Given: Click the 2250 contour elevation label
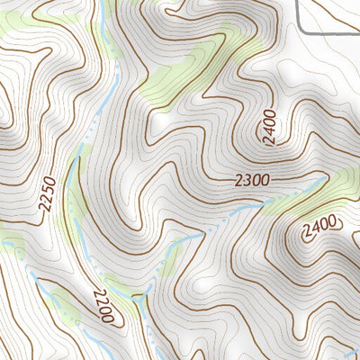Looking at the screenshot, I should pos(49,194).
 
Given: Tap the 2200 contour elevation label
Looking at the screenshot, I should pos(101,307).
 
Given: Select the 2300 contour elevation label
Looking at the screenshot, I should pos(252,181).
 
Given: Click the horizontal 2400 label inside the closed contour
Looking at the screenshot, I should pos(319,223).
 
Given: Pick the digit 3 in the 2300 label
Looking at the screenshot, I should pos(246,181).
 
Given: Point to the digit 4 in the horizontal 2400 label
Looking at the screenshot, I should pos(314,224).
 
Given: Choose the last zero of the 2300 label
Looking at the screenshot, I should pos(265,180).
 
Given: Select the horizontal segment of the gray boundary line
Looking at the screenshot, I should pos(333,32).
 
